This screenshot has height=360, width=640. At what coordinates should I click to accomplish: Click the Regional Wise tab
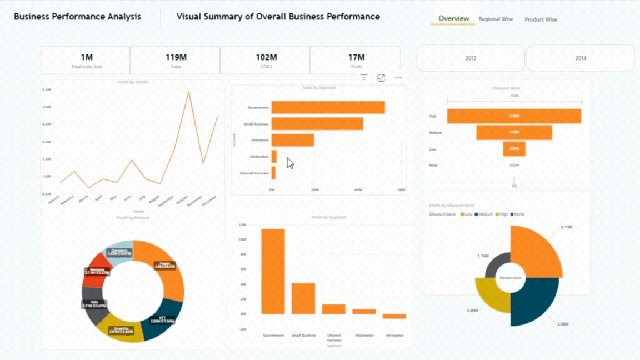[x=496, y=19]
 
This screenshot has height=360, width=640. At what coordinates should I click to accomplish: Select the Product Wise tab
[x=541, y=19]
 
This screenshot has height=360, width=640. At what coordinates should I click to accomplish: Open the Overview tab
[x=453, y=19]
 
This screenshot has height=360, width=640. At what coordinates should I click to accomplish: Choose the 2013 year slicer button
[x=471, y=58]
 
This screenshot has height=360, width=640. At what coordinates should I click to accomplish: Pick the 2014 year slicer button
[x=581, y=58]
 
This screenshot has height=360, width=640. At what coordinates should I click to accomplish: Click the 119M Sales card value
[x=176, y=57]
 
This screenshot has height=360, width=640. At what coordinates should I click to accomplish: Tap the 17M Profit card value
[x=356, y=57]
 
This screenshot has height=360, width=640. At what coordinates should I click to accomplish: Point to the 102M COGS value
[x=266, y=57]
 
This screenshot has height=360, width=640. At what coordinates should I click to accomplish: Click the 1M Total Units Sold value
[x=87, y=57]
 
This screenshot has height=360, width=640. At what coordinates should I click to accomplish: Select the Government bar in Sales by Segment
[x=328, y=108]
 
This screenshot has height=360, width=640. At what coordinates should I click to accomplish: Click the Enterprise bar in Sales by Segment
[x=292, y=140]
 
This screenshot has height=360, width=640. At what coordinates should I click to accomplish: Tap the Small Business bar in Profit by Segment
[x=303, y=298]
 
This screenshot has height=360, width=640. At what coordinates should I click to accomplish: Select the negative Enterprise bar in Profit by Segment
[x=394, y=316]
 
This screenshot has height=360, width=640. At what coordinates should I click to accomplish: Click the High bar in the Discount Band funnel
[x=514, y=116]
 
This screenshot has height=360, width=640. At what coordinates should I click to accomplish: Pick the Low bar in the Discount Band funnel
[x=514, y=149]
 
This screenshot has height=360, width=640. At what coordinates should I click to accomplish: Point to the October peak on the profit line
[x=189, y=92]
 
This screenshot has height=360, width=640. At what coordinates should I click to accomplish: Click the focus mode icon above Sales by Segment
[x=381, y=78]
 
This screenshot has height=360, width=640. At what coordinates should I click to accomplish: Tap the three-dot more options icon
[x=398, y=78]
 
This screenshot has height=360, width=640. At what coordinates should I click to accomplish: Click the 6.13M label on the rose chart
[x=567, y=227]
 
